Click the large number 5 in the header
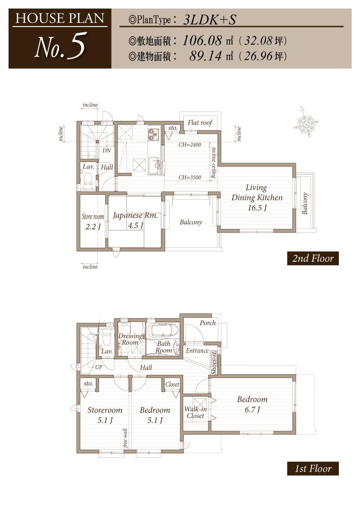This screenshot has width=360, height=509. point(76,47)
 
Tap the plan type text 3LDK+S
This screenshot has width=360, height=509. point(210,20)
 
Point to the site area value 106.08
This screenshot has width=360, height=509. point(202,41)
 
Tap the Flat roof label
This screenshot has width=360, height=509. point(199,123)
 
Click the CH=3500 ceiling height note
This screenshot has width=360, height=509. point(189,178)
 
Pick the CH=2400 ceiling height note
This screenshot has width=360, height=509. point(189,145)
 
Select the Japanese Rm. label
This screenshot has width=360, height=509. point(135,215)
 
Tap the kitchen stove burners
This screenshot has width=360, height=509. point(154,133)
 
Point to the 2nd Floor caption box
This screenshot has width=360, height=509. point(313,259)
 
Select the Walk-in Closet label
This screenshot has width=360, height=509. point(195,412)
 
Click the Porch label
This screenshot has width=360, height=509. point(207,323)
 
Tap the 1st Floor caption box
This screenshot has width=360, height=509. point(313,469)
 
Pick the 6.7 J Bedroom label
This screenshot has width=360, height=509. point(252,404)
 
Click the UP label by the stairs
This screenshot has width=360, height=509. point(98,367)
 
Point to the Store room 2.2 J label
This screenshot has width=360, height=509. point(93,221)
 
